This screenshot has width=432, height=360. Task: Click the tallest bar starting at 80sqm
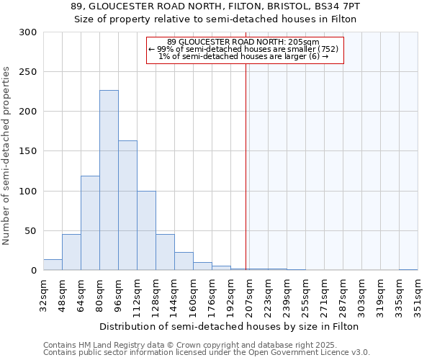pos(109,180)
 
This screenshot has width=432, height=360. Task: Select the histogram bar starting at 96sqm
pos(127,205)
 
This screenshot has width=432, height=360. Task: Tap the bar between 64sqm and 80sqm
pos(90,223)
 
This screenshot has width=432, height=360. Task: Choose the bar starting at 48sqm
pos(71,252)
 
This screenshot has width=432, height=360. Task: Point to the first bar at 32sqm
pos(53,265)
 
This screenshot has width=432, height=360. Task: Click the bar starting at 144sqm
pos(184,261)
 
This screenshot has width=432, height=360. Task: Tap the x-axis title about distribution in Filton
pos(230,326)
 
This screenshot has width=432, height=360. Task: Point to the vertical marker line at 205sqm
pos(246,166)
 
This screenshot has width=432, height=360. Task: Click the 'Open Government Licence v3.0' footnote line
pos(207,352)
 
